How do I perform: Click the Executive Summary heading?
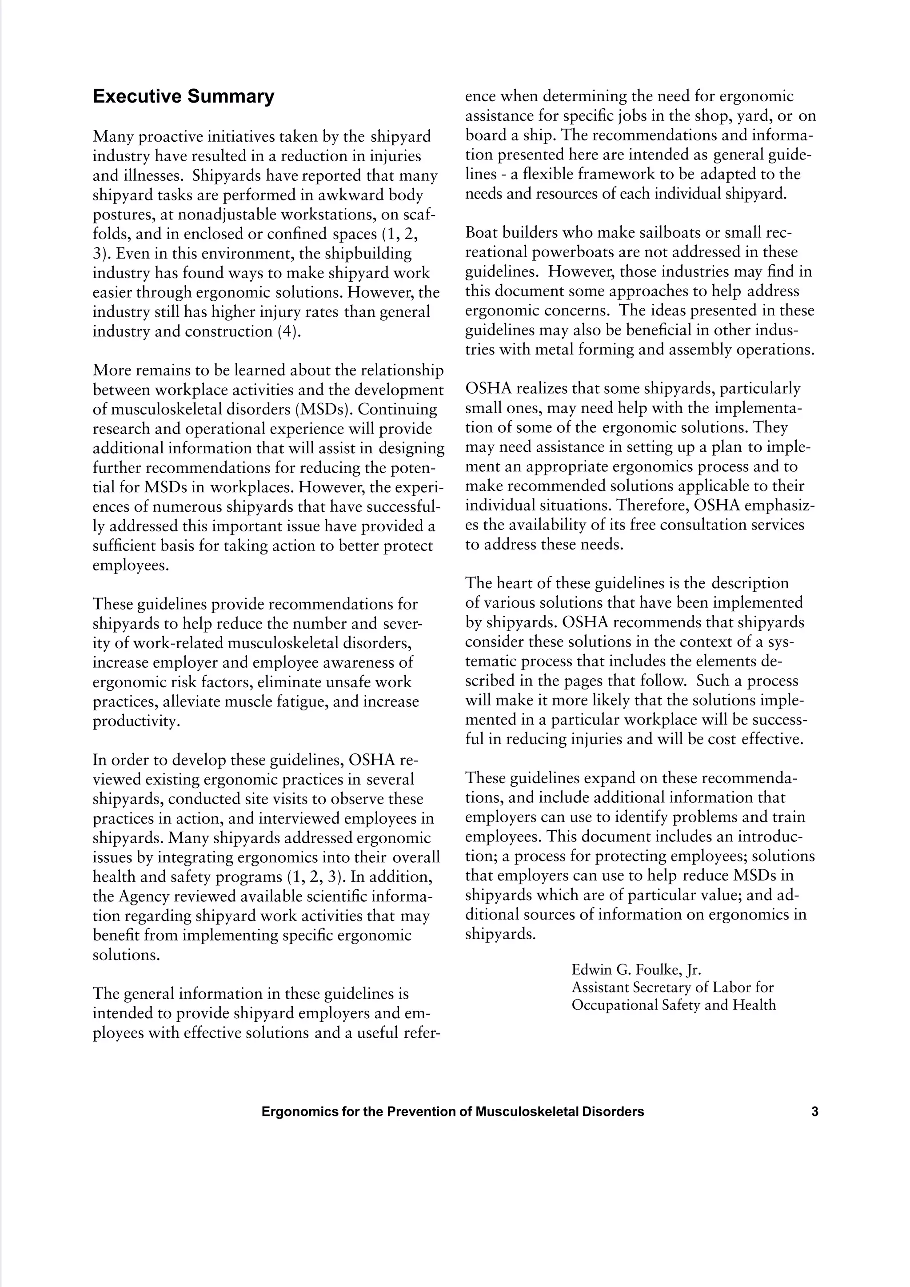184,96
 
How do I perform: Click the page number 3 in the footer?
814,1111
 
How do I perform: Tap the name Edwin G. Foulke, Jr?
636,970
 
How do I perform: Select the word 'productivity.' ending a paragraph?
136,721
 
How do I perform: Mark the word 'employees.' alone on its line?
130,565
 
